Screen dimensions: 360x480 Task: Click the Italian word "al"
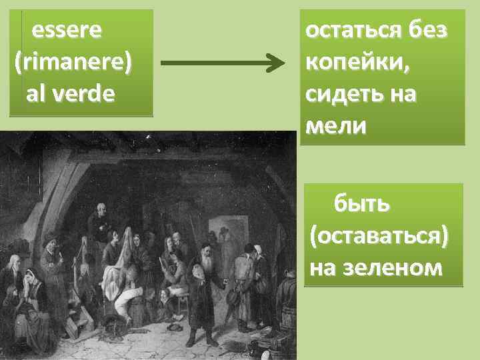37,93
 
